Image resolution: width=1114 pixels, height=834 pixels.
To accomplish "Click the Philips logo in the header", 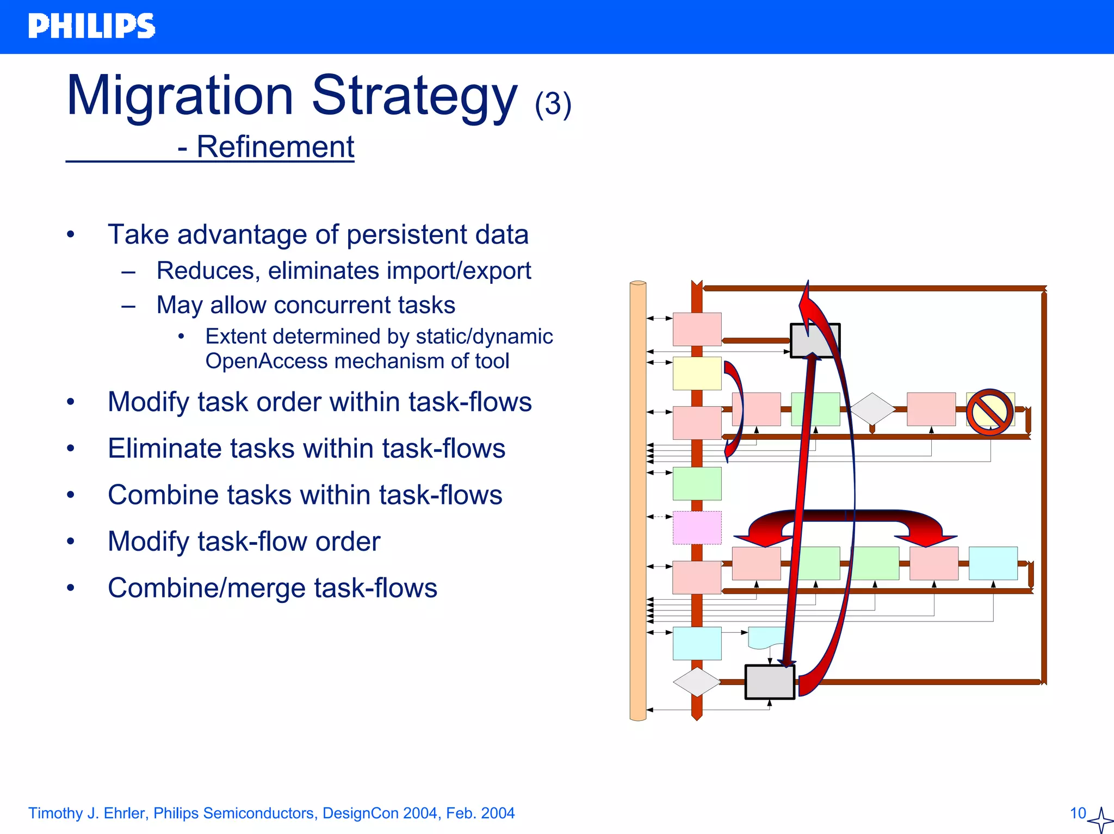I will [91, 26].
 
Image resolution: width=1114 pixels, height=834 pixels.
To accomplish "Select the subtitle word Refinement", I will [275, 147].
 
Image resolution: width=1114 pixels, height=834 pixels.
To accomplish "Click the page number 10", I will [1078, 813].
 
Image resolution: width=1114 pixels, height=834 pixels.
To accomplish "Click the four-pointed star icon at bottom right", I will [1100, 820].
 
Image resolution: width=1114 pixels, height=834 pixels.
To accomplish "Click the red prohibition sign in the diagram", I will [989, 412].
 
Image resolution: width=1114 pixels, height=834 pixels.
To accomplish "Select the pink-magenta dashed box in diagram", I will [697, 527].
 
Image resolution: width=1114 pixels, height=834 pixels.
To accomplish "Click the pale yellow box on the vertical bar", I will [697, 374].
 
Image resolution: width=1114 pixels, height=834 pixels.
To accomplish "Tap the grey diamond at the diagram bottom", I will [696, 682].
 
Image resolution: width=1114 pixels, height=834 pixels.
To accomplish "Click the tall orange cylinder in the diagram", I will [638, 500].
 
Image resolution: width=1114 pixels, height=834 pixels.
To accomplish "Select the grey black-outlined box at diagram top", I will [815, 340].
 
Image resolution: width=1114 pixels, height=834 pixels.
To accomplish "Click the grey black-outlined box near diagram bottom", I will [769, 682].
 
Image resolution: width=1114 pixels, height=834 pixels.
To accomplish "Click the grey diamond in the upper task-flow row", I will [872, 409].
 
